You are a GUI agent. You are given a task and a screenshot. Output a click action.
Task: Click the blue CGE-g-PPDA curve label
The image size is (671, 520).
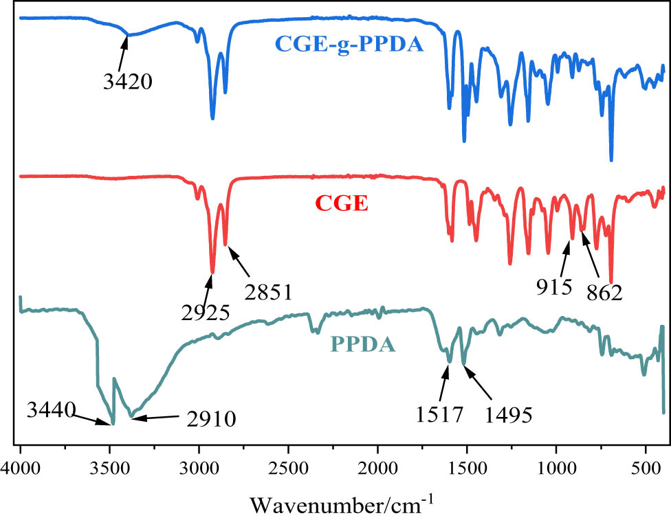pos(349,45)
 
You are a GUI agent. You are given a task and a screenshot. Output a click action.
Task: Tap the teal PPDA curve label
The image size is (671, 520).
pos(364,342)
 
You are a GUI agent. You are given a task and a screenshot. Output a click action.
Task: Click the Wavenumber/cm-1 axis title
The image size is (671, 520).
pos(342,504)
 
